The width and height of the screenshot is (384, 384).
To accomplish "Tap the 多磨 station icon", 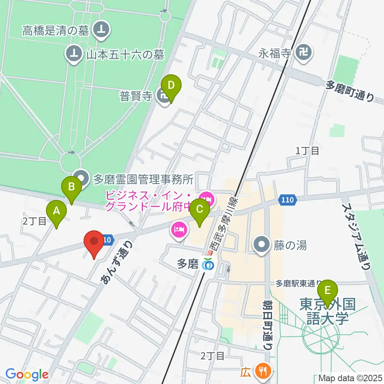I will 208,264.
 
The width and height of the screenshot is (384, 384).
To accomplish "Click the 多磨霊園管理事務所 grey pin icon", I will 82,179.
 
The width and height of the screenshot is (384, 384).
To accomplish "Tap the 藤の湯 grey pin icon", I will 262,245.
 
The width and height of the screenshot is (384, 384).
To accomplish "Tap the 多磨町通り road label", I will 350,91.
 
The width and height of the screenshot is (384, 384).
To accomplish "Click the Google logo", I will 27,374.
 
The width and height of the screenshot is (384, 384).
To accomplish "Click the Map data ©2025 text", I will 350,378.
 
